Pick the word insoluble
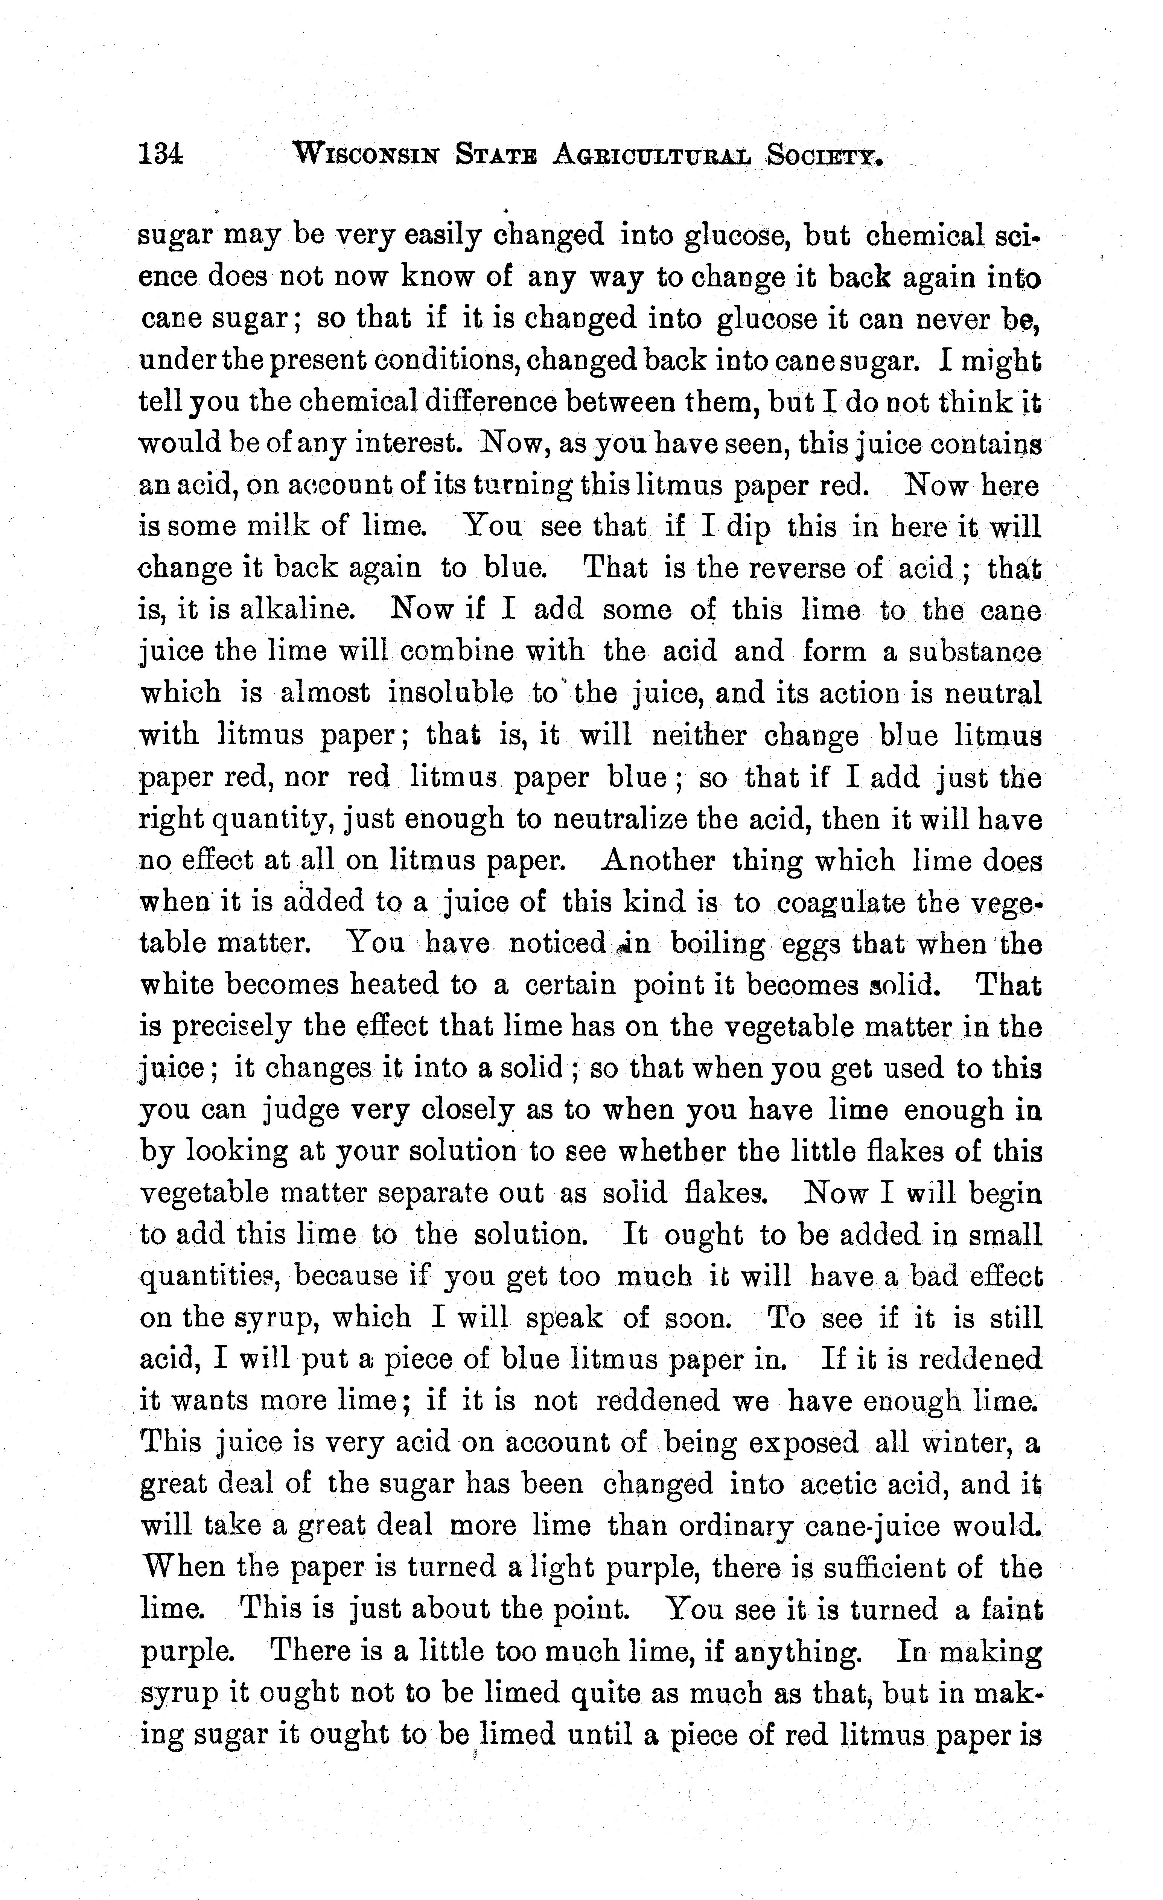(x=451, y=693)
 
